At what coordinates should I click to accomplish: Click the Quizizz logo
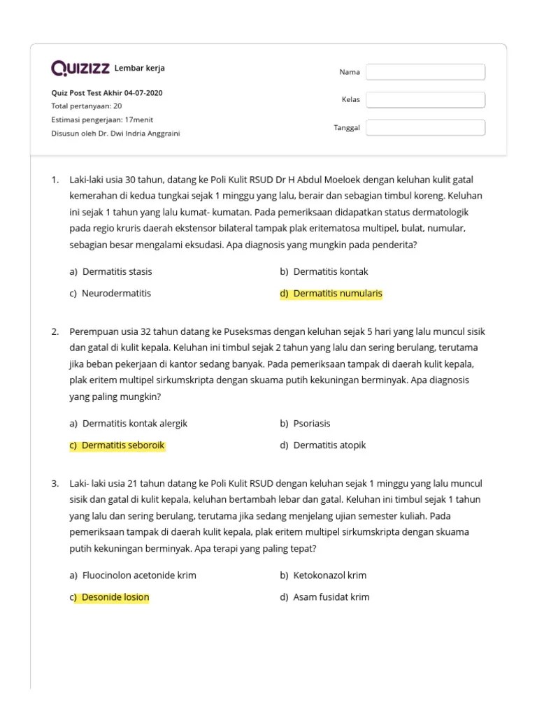[x=80, y=68]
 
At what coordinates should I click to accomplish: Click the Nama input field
[x=425, y=72]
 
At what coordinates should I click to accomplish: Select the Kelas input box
[x=425, y=100]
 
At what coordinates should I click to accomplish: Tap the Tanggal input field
[x=425, y=128]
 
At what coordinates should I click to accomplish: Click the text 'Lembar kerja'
[x=140, y=69]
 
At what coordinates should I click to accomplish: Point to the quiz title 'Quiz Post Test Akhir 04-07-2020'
[x=108, y=93]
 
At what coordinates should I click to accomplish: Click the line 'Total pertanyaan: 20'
[x=87, y=106]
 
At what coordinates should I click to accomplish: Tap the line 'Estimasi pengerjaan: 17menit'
[x=102, y=120]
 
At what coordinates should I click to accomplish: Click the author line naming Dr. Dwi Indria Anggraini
[x=115, y=133]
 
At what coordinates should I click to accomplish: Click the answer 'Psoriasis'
[x=311, y=424]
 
